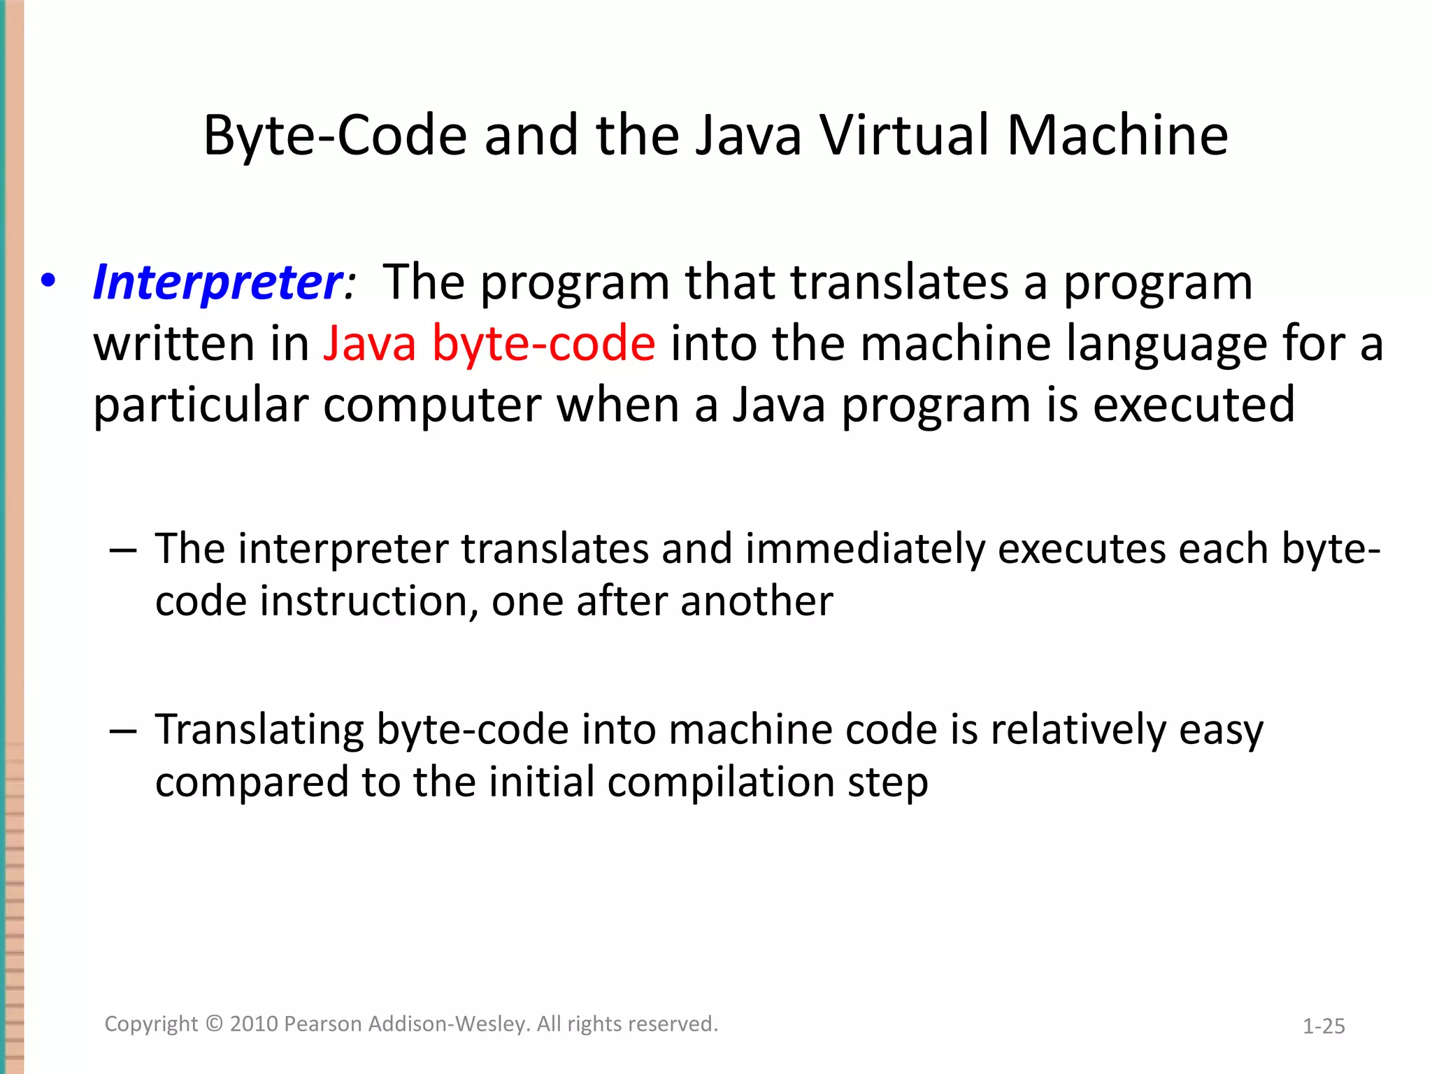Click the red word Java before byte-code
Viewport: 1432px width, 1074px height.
click(x=370, y=344)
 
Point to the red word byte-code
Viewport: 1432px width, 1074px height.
click(x=543, y=344)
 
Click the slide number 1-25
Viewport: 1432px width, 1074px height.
click(x=1324, y=1026)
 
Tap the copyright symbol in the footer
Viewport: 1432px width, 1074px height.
click(x=214, y=1024)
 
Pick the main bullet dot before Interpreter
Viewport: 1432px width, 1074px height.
click(x=48, y=281)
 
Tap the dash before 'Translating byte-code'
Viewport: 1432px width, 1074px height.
click(x=123, y=731)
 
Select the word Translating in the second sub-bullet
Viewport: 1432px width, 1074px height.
click(x=259, y=731)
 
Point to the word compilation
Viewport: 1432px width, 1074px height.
click(x=721, y=782)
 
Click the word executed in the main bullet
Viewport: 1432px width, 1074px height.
click(x=1194, y=405)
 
